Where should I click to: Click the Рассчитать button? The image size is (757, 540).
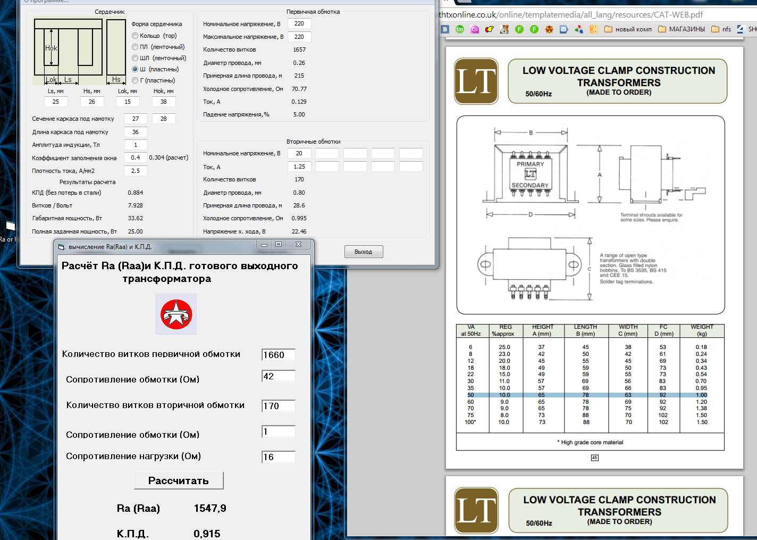[179, 480]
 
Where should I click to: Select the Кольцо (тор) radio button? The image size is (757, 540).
[135, 36]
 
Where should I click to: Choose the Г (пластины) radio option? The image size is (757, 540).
[135, 80]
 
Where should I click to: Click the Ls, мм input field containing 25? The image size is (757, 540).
[56, 102]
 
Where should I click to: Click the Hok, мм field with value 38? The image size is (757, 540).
[164, 102]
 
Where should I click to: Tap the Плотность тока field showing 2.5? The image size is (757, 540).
[136, 171]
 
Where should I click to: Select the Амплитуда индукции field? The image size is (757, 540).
[136, 145]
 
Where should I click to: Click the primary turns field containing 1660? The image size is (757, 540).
[279, 355]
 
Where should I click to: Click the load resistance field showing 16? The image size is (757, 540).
[279, 457]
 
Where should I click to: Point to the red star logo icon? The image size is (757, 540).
[176, 314]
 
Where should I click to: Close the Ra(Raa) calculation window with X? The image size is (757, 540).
[298, 244]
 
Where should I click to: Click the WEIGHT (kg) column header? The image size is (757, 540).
[702, 330]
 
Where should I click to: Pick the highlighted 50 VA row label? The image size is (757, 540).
[470, 395]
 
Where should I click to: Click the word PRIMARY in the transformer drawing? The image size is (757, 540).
[530, 164]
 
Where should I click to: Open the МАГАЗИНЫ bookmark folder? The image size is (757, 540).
[682, 29]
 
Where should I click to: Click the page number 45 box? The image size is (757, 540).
[594, 458]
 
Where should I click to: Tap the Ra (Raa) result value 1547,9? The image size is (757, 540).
[210, 508]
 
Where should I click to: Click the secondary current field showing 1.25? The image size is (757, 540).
[299, 167]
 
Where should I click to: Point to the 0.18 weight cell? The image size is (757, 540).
[701, 347]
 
